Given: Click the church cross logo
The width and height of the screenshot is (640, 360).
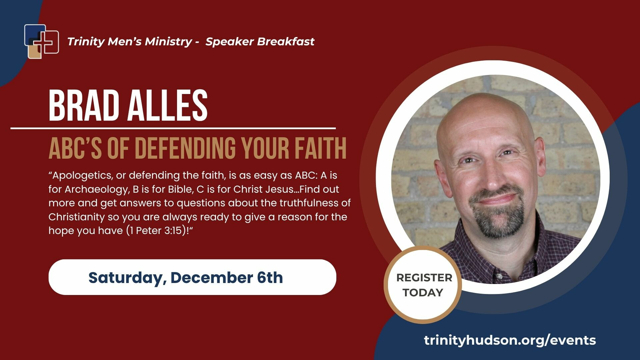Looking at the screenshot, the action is tap(42, 41).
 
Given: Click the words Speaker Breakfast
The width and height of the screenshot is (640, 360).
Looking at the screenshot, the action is tap(260, 41).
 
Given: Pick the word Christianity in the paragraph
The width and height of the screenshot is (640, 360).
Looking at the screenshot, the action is tap(76, 217).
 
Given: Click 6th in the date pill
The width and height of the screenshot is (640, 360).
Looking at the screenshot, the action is tap(270, 277).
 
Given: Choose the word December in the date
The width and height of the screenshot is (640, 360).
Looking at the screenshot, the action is tap(212, 277).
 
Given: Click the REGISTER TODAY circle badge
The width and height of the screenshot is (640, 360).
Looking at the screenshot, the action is tap(423, 285).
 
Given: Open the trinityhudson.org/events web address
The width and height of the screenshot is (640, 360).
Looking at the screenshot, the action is tap(510, 340).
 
